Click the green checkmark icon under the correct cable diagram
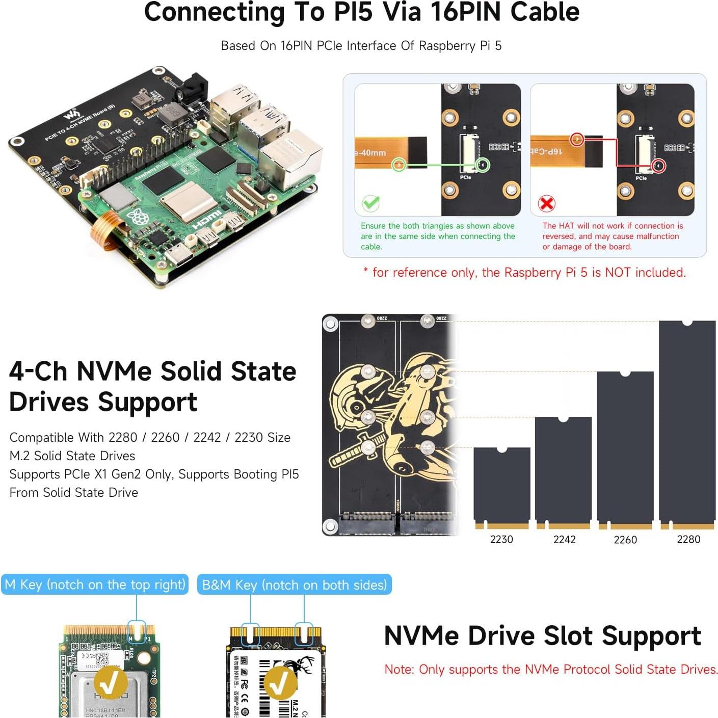pos(370,203)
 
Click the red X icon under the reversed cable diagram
pos(546,204)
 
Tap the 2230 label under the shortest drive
pos(501,539)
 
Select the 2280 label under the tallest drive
pos(688,539)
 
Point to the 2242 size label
pos(564,539)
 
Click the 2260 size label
pos(625,540)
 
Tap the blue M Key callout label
pos(95,584)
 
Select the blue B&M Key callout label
pos(294,584)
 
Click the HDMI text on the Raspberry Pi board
pos(207,220)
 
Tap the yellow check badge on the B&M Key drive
pos(279,683)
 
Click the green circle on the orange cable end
pos(399,165)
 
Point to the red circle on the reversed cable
pos(577,139)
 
